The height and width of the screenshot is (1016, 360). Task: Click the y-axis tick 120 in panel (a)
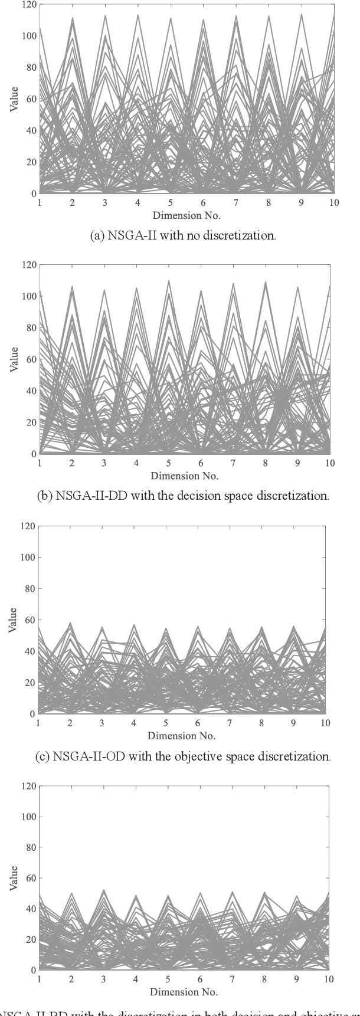(x=28, y=5)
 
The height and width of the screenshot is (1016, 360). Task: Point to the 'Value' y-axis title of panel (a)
(x=14, y=99)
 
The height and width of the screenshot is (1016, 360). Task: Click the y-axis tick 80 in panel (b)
(x=28, y=327)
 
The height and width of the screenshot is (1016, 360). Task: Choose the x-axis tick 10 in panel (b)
(x=329, y=463)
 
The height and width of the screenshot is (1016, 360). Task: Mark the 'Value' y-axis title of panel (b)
(x=14, y=359)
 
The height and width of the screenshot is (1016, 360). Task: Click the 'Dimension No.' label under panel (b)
(x=184, y=476)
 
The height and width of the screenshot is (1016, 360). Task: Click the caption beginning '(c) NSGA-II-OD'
(x=182, y=756)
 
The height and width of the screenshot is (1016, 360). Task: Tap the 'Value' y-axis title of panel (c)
(x=14, y=620)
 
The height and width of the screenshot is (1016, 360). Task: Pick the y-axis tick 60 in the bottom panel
(x=28, y=879)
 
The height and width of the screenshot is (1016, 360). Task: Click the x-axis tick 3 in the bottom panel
(x=103, y=979)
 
